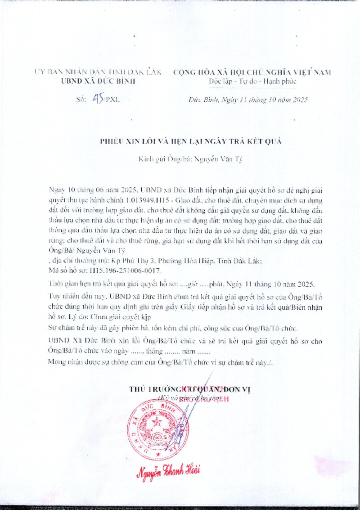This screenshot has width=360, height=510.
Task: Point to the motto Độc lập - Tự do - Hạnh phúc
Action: click(252, 81)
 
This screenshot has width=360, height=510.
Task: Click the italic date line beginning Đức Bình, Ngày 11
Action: click(247, 100)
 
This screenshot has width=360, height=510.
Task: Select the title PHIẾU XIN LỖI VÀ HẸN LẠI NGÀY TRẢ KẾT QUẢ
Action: click(190, 141)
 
